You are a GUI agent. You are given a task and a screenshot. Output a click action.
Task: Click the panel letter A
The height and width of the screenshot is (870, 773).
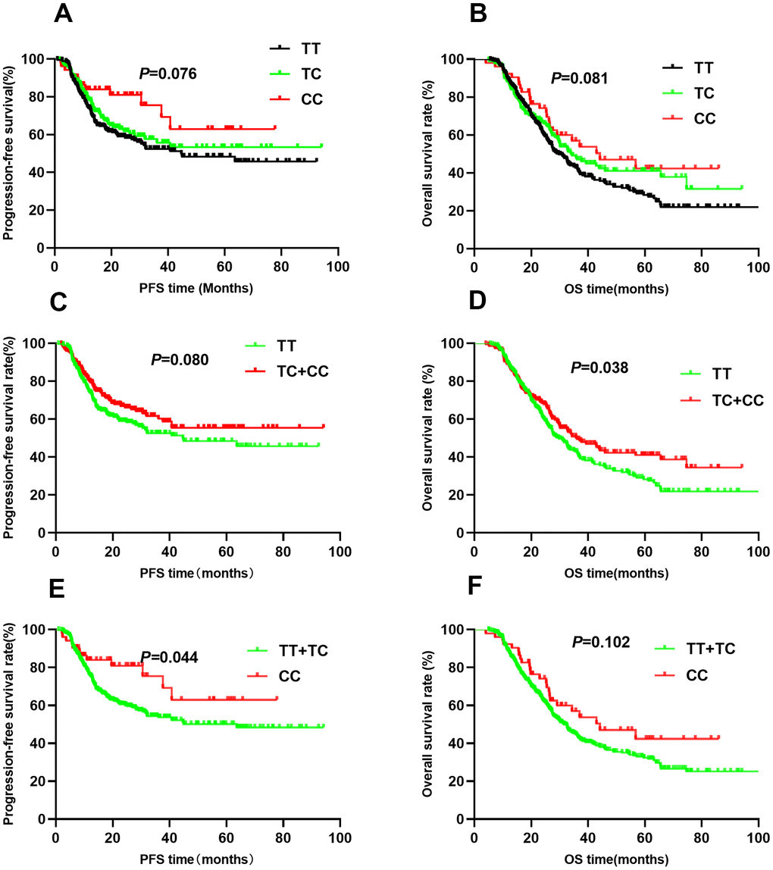click(x=64, y=14)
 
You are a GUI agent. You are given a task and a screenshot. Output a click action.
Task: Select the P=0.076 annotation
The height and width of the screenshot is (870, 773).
click(x=167, y=74)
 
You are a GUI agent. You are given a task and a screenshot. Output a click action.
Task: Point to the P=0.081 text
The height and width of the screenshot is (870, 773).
click(x=580, y=77)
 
